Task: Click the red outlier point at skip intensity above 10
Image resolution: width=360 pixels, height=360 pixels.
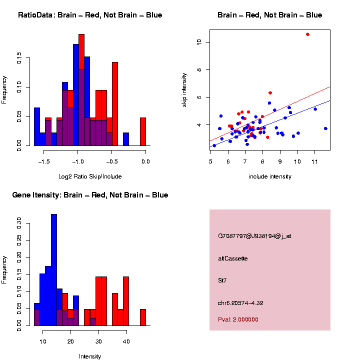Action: (307, 34)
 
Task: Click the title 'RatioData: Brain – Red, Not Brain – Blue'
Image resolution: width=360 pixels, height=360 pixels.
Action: (90, 15)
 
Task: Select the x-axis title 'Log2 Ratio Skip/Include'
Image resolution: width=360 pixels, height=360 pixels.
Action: (90, 176)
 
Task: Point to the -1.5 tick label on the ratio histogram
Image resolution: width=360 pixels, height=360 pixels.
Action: (44, 161)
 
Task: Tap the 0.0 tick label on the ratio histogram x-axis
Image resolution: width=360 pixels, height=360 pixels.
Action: (145, 161)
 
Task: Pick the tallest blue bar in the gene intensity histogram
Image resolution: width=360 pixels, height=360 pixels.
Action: (54, 269)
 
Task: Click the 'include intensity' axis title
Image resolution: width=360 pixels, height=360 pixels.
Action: (270, 176)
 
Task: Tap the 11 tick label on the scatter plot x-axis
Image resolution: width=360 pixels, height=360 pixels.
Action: (315, 161)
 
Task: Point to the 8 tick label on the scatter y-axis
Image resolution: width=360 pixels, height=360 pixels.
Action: (198, 69)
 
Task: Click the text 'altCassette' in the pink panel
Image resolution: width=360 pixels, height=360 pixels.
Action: (233, 258)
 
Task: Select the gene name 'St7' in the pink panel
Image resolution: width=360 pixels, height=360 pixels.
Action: (222, 280)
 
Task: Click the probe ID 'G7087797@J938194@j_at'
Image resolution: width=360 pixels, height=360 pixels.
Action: (254, 236)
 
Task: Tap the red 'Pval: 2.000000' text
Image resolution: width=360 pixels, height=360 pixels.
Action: (238, 319)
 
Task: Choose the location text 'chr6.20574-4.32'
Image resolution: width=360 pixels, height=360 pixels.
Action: (241, 303)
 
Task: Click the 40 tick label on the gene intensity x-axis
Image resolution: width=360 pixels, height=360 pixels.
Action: (126, 341)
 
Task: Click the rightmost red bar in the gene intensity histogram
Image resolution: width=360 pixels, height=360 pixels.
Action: (143, 317)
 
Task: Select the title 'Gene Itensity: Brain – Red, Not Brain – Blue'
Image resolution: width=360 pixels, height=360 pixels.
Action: (90, 195)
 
